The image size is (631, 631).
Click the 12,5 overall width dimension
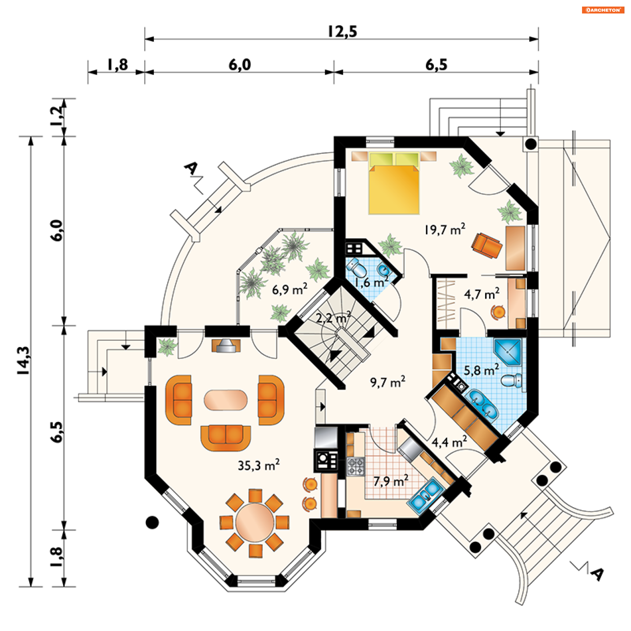pyautogui.click(x=342, y=32)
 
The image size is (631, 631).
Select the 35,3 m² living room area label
pyautogui.click(x=258, y=465)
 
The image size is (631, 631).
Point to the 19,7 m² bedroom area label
pyautogui.click(x=445, y=229)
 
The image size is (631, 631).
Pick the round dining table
pyautogui.click(x=254, y=523)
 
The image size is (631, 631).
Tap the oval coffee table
pyautogui.click(x=226, y=400)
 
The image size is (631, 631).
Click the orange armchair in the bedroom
pyautogui.click(x=486, y=245)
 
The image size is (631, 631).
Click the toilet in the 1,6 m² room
pyautogui.click(x=357, y=268)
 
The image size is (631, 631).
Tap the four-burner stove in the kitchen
pyautogui.click(x=356, y=466)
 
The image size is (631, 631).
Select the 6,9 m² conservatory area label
pyautogui.click(x=289, y=290)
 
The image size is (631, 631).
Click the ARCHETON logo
pyautogui.click(x=603, y=10)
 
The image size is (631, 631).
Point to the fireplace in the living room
pyautogui.click(x=226, y=345)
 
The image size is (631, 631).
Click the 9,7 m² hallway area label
pyautogui.click(x=387, y=382)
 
